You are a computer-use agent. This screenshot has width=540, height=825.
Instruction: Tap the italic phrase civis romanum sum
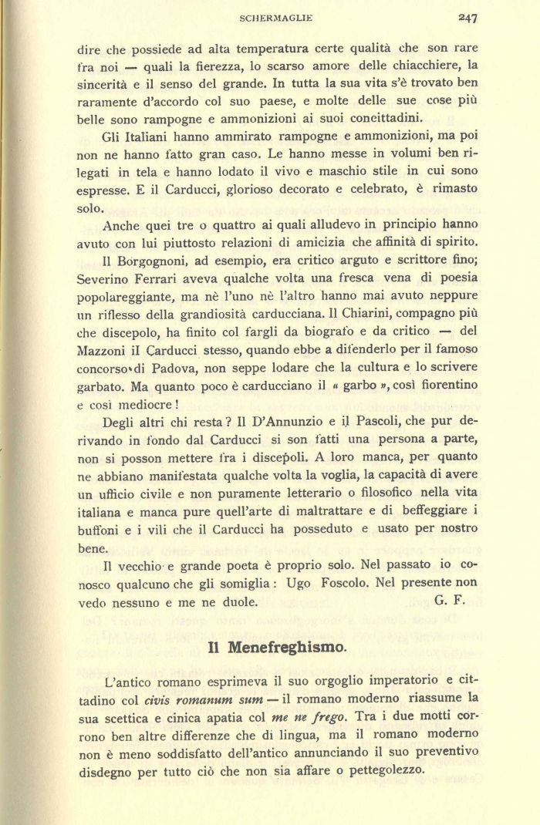tap(193, 702)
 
